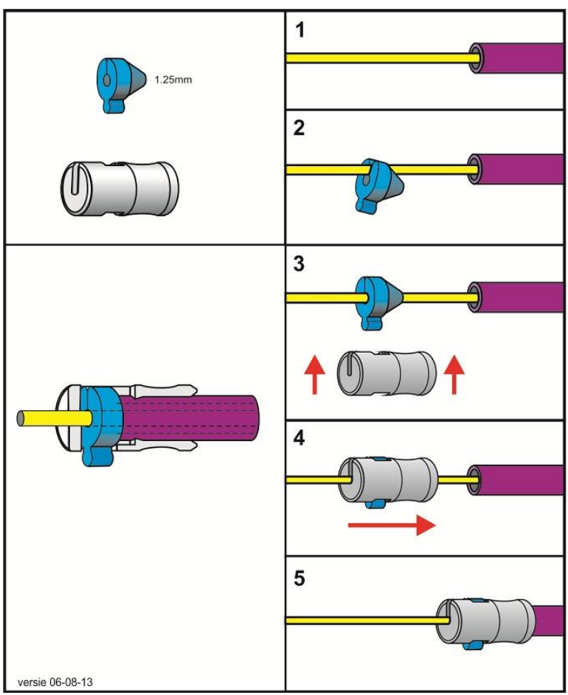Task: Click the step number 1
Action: pos(298,32)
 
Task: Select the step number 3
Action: pos(299,263)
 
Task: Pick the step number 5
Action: pos(299,578)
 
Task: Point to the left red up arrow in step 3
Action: pos(314,373)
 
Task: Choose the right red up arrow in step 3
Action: pos(454,373)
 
